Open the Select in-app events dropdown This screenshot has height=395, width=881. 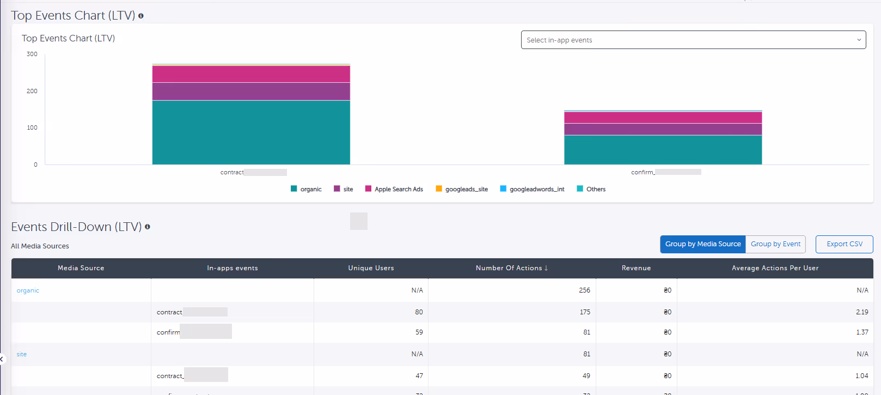coord(693,40)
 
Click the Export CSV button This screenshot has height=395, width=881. coord(844,244)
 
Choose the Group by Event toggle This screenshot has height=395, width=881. coord(775,244)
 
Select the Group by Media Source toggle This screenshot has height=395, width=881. coord(702,244)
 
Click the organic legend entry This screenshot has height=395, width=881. coord(306,189)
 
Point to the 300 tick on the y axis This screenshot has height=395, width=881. coord(32,54)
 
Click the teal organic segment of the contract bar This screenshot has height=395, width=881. coord(251,132)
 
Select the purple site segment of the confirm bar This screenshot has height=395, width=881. coord(663,129)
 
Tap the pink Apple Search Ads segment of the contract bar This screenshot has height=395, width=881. coord(251,74)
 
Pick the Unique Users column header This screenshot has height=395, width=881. coord(371,268)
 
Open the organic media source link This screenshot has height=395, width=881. coord(28,290)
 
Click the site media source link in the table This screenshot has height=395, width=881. coord(22,354)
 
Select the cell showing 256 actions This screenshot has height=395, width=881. coord(584,290)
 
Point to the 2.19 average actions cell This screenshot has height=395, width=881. coord(862,312)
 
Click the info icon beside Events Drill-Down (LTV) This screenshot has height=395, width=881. coord(148,227)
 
